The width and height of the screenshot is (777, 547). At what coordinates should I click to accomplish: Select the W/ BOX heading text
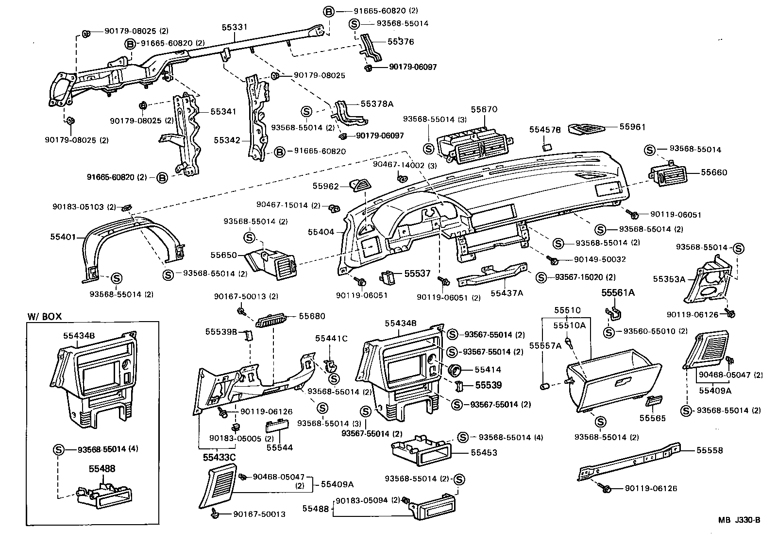(44, 316)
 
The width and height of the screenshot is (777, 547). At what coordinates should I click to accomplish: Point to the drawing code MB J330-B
(739, 520)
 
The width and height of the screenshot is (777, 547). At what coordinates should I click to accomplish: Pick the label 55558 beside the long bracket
(709, 450)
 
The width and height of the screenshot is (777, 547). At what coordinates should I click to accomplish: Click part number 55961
(632, 127)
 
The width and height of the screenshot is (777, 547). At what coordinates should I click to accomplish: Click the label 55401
(63, 237)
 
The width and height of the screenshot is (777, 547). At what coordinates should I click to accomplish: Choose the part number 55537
(418, 273)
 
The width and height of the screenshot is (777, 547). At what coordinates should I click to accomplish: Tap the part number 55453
(484, 452)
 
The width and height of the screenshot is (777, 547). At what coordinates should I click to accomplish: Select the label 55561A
(618, 292)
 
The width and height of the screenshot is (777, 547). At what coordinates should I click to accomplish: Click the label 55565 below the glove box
(652, 418)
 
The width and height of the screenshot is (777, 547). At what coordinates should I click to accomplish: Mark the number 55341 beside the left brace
(223, 111)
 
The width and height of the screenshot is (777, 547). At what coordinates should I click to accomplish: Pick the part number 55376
(401, 42)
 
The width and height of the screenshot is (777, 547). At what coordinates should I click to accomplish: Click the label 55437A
(507, 293)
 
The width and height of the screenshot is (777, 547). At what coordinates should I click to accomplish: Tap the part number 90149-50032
(600, 259)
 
